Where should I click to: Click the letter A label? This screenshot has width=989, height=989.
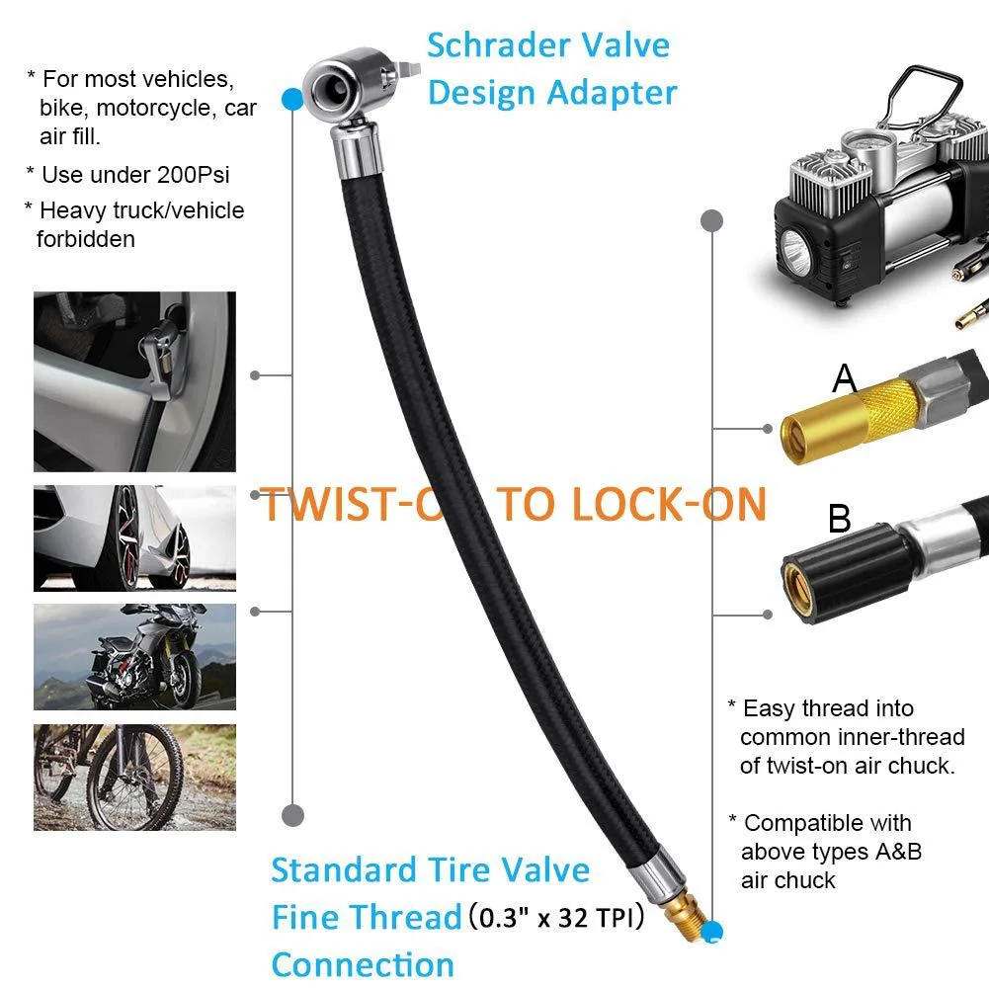pyautogui.click(x=844, y=377)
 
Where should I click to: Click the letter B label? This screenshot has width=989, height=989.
pyautogui.click(x=839, y=519)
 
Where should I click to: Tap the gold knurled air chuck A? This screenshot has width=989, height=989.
pyautogui.click(x=831, y=421)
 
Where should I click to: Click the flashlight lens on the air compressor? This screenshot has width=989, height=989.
pyautogui.click(x=796, y=246)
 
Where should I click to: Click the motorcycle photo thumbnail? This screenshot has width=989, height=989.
pyautogui.click(x=134, y=656)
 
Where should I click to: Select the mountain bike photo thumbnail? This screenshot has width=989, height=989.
pyautogui.click(x=134, y=777)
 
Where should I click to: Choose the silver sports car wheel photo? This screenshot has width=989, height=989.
pyautogui.click(x=134, y=538)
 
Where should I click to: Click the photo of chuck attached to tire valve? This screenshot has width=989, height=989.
pyautogui.click(x=134, y=381)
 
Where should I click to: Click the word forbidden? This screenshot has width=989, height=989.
pyautogui.click(x=85, y=238)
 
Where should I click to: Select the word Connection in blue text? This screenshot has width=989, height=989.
pyautogui.click(x=363, y=963)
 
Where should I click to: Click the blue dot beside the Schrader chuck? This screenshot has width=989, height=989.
pyautogui.click(x=291, y=99)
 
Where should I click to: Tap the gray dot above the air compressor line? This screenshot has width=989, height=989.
pyautogui.click(x=711, y=219)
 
